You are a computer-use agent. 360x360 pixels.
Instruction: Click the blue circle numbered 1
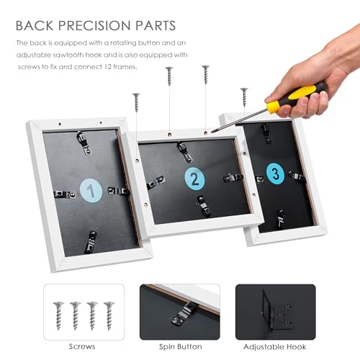91,190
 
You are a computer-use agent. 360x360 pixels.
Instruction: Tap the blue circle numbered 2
194,179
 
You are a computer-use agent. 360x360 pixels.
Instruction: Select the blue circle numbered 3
275,174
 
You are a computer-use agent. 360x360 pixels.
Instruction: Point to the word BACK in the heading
35,25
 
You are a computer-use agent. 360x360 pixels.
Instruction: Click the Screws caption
82,346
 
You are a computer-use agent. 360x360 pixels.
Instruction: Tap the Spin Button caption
181,347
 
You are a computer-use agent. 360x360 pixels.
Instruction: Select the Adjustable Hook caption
275,347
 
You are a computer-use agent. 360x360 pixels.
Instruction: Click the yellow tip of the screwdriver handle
273,107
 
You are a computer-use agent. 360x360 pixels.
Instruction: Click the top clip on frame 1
84,143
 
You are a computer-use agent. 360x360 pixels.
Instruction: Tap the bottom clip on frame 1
91,242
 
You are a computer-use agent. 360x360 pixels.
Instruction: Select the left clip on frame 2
156,182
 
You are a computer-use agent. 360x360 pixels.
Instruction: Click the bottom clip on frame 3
280,219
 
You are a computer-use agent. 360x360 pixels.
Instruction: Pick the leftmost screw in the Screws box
58,315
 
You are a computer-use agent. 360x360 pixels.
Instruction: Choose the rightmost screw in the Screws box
109,315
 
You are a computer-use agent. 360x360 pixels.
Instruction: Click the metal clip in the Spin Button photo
183,312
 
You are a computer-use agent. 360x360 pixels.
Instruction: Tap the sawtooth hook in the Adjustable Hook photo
279,312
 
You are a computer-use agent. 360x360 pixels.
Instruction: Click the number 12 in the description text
108,66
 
